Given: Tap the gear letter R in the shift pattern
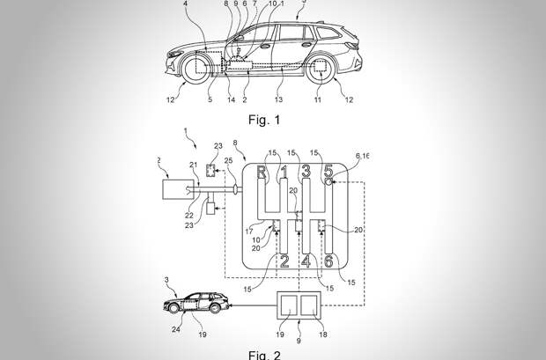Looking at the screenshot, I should pos(262,173).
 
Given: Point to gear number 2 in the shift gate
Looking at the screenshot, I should pos(284,262).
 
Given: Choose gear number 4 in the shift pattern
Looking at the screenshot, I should pos(306,262).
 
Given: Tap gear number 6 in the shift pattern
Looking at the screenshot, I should pos(328,262).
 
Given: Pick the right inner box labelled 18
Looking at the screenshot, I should pos(311,306).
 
